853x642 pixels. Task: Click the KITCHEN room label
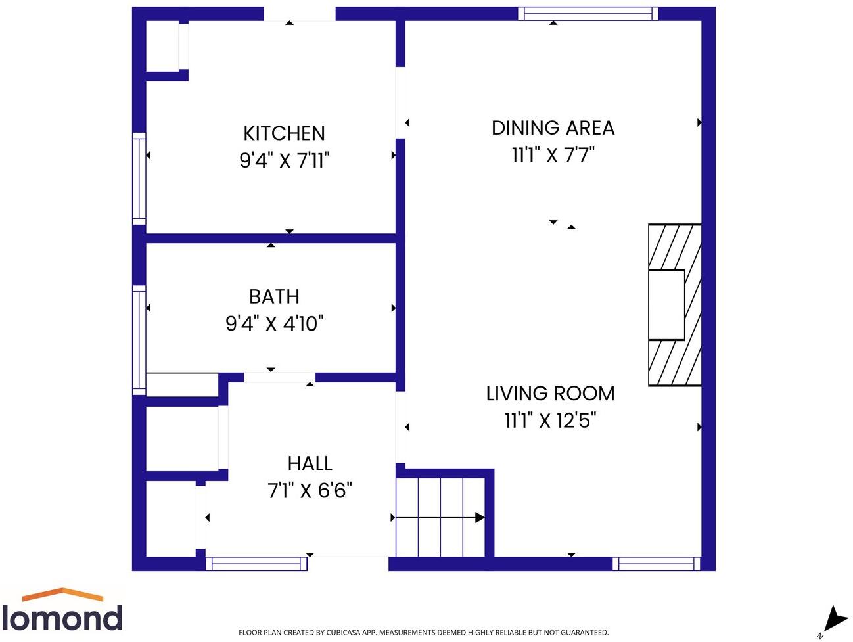pyautogui.click(x=284, y=133)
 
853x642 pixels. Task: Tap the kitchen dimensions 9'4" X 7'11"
pyautogui.click(x=285, y=160)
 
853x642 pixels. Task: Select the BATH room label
pyautogui.click(x=274, y=297)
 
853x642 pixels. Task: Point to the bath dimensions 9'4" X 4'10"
pyautogui.click(x=274, y=323)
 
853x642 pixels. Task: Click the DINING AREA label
pyautogui.click(x=553, y=128)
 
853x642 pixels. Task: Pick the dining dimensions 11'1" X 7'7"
pyautogui.click(x=553, y=154)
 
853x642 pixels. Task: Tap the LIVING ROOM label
pyautogui.click(x=550, y=394)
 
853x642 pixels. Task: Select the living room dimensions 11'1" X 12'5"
pyautogui.click(x=550, y=420)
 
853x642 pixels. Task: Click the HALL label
pyautogui.click(x=310, y=464)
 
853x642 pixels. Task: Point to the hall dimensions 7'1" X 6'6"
pyautogui.click(x=310, y=490)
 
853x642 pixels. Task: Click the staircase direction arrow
pyautogui.click(x=440, y=518)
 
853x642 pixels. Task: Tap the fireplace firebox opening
pyautogui.click(x=666, y=305)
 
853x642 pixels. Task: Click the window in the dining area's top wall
pyautogui.click(x=588, y=14)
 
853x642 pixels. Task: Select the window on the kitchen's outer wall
pyautogui.click(x=139, y=179)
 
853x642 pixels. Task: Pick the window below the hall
pyautogui.click(x=256, y=564)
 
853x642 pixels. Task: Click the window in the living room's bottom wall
pyautogui.click(x=657, y=564)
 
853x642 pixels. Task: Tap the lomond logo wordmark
pyautogui.click(x=62, y=617)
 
